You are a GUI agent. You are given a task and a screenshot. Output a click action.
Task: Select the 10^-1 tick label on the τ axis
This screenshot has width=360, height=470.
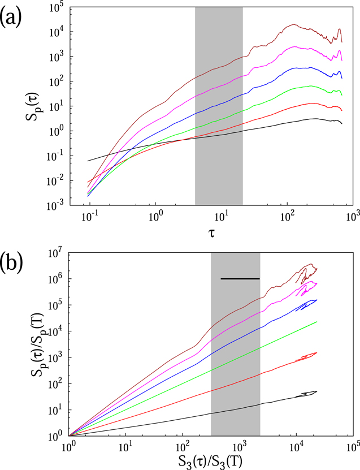(88, 217)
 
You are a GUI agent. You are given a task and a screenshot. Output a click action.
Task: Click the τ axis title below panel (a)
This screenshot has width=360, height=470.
(212, 234)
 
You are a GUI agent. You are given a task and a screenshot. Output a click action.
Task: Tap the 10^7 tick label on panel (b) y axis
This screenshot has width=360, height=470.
(57, 254)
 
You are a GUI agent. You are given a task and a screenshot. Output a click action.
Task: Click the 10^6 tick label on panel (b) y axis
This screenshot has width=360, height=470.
(57, 279)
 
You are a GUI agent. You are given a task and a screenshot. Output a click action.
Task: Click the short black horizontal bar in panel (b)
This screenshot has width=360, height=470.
(240, 279)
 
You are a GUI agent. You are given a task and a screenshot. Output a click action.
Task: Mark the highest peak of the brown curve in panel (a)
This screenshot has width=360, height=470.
(293, 24)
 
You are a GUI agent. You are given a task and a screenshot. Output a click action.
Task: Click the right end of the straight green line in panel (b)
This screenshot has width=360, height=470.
(316, 322)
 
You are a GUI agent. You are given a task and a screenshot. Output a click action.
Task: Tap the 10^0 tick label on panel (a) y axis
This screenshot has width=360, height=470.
(58, 131)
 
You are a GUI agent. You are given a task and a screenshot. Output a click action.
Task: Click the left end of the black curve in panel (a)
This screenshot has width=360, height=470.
(88, 161)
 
